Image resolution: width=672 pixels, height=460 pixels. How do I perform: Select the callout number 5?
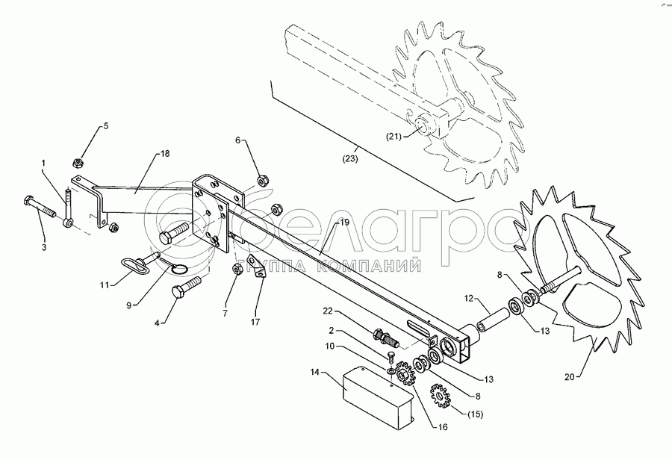coord(105,125)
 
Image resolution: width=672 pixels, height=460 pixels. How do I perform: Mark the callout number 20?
coord(570,376)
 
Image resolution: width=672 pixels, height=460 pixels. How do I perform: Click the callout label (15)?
coord(474,414)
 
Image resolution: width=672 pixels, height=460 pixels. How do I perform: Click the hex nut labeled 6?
coord(262,179)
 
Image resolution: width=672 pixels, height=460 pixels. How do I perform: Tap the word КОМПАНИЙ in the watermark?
coord(380,263)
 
